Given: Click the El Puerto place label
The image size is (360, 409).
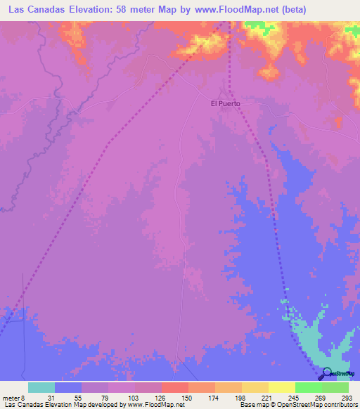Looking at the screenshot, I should tap(226, 103).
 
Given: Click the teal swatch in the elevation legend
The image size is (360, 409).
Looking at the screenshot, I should tap(41, 388).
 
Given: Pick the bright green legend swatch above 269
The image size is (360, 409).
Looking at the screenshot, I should tap(309, 388).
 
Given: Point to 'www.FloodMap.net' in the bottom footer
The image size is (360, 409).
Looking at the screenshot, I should tap(146, 405).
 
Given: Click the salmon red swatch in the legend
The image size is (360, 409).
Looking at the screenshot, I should tap(174, 388).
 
